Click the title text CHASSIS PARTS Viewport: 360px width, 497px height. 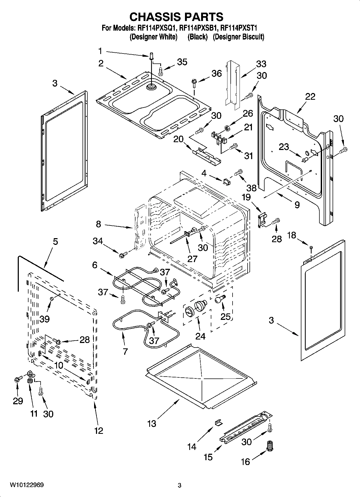pos(176,17)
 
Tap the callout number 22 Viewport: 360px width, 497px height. pos(310,96)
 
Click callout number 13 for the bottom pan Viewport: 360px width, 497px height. pos(152,424)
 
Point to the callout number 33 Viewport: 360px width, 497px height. pos(261,64)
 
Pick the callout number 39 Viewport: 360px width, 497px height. pos(45,319)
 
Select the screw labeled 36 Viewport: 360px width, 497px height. pos(194,82)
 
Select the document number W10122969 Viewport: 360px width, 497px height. pos(27,485)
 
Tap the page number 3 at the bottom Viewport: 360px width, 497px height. pos(180,485)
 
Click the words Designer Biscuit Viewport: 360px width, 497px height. pos(238,37)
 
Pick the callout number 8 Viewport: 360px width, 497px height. pos(98,224)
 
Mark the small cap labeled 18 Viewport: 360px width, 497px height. pos(311,247)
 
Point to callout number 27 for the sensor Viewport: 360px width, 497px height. pos(192,259)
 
